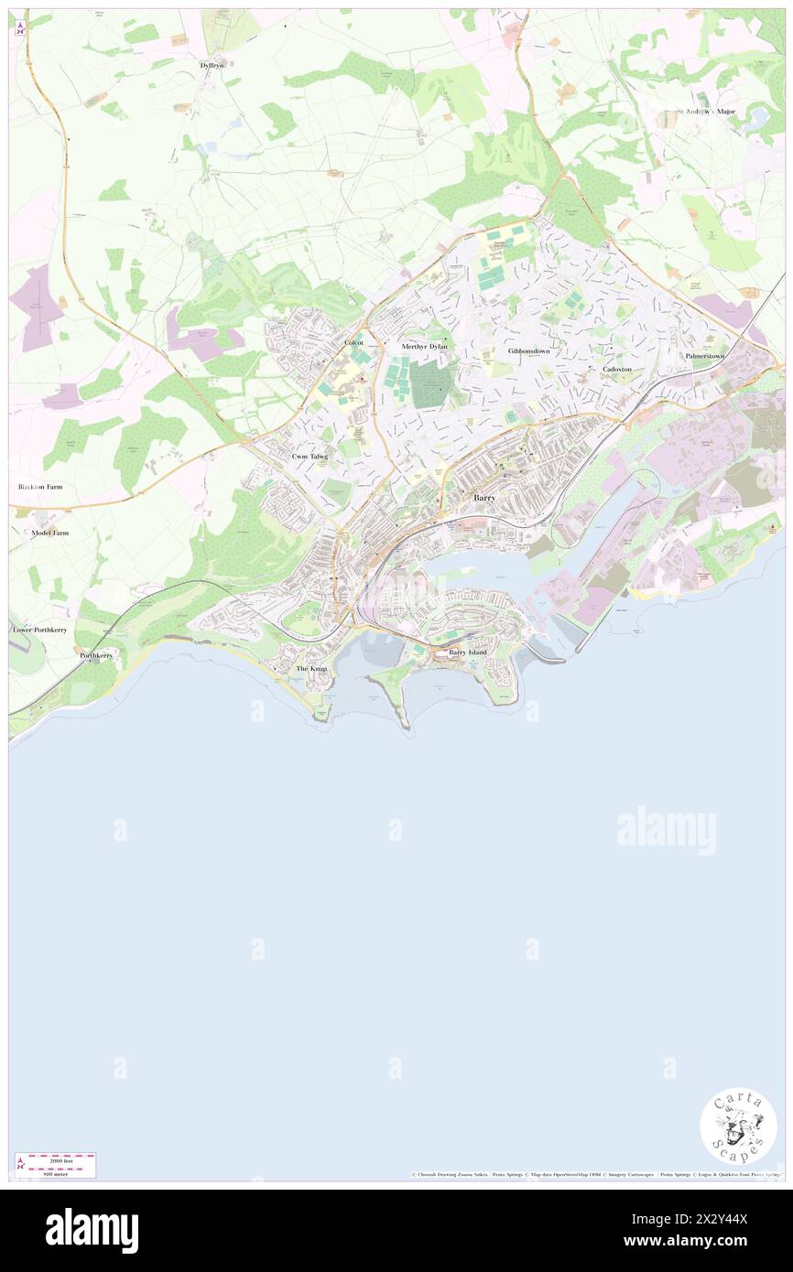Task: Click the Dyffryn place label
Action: click(212, 65)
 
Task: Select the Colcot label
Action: click(353, 342)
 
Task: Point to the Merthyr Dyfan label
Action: click(424, 347)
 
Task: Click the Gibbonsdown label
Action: click(529, 350)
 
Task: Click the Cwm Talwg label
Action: click(310, 456)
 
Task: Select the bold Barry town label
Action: click(485, 497)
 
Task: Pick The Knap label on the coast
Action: click(311, 670)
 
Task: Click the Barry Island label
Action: click(468, 652)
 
